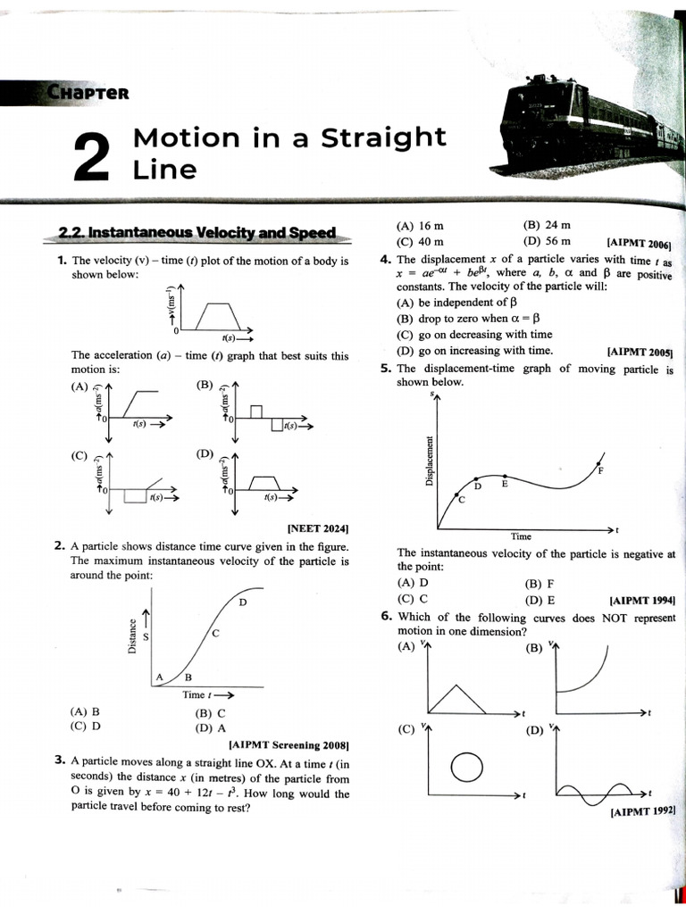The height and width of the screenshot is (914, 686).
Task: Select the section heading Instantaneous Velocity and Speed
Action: click(197, 233)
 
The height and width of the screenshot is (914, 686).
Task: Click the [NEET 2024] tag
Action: click(317, 528)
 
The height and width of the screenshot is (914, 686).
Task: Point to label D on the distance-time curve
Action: click(242, 604)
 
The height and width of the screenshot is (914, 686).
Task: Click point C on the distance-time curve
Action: click(215, 633)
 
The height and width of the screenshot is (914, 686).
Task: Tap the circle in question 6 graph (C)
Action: click(466, 766)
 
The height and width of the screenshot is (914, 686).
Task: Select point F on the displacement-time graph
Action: click(599, 469)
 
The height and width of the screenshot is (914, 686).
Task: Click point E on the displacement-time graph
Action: click(506, 483)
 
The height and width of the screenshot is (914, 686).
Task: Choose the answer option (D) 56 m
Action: click(547, 241)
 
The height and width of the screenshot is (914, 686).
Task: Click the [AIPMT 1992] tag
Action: click(642, 812)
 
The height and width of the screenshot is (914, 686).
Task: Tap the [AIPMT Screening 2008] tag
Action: click(289, 744)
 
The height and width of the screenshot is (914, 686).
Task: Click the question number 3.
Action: click(59, 760)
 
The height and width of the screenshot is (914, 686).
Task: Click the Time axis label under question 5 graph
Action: click(521, 536)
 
